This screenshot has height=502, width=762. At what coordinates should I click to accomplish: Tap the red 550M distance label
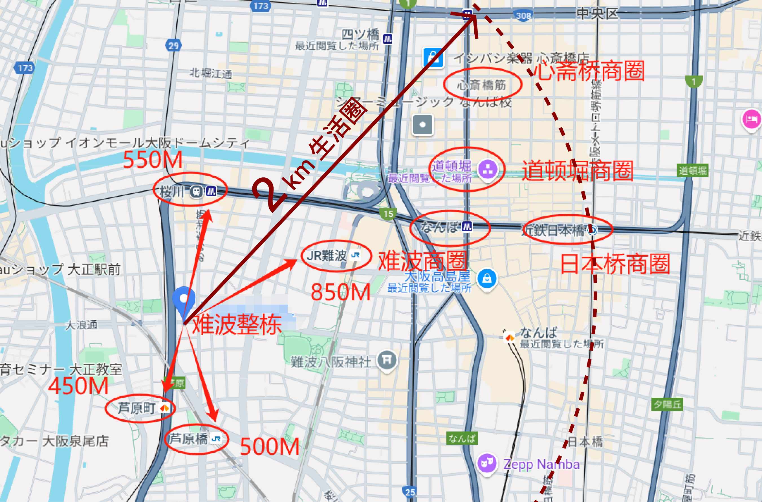point(153,159)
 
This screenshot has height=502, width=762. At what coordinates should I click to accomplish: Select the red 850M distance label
point(340,292)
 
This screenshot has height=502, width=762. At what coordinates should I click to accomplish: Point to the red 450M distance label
point(78,386)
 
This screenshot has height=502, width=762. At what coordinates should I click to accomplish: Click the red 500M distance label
point(270,447)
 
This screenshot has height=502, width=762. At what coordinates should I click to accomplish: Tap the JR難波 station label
point(327,256)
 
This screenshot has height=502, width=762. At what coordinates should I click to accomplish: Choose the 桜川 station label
point(172,192)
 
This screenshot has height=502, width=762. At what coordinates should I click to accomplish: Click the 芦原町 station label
point(137,408)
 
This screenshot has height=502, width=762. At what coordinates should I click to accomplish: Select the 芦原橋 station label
point(189,438)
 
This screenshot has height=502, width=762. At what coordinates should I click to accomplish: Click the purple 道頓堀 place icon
point(487,169)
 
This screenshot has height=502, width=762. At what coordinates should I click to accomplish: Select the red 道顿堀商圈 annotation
point(578,171)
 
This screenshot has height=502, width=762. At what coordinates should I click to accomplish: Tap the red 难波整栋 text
point(237,324)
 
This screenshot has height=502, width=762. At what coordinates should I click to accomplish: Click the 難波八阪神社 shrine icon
point(387,360)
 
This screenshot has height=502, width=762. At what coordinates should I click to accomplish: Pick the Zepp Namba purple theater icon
point(487,463)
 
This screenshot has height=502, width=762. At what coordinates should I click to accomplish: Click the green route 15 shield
point(388,214)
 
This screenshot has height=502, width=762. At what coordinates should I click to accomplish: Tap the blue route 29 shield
point(173,46)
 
